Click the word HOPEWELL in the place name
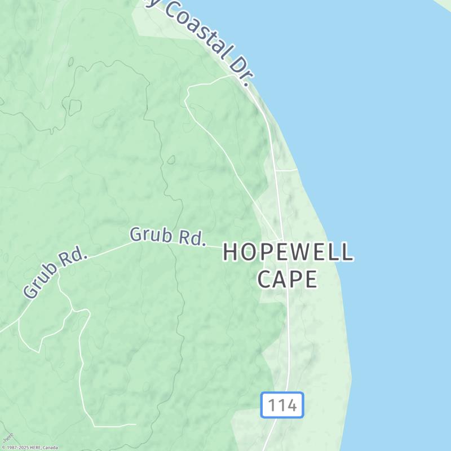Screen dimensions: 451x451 pos(288,253)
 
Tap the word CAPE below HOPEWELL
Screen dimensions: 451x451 pos(288,279)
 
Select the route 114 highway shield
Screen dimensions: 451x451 pos(282,405)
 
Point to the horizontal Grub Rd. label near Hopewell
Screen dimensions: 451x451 pos(167,236)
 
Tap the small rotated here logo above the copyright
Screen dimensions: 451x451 pos(8,437)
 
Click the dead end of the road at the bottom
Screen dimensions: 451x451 pos(136,425)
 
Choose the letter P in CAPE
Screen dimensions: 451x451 pos(292,279)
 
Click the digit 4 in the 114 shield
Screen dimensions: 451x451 pos(291,405)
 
